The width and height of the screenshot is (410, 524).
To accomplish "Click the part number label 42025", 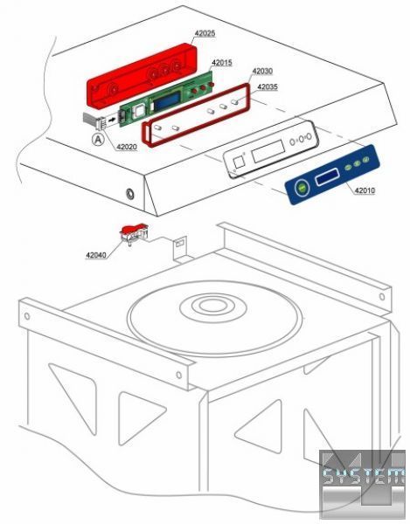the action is pos(205,33).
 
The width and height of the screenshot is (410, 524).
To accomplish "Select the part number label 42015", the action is pos(222,62).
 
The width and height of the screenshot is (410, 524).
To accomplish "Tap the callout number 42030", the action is pos(262,71).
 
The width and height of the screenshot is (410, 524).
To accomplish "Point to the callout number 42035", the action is pos(268,86).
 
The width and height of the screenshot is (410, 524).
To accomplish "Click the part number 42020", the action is pos(127,147).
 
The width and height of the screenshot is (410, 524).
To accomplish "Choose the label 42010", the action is pos(365,190).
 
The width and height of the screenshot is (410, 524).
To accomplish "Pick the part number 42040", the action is pos(96,255).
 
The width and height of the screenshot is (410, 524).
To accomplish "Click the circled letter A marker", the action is pos(98,140).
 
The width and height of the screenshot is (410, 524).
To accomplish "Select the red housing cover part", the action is pos(142,74).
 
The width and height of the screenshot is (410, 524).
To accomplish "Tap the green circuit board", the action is pos(167,96).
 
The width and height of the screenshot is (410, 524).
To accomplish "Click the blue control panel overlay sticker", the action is pos(332,175).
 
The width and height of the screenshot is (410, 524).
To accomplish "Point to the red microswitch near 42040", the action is pos(134,232).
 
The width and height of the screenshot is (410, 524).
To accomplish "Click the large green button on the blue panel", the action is pos(302,189).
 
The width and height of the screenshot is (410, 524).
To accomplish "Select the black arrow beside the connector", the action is pos(113,119).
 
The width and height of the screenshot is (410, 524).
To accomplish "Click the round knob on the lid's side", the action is pos(129,194).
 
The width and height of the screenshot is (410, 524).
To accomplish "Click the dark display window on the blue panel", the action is pos(328,176).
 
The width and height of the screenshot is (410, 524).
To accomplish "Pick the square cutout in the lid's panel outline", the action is pos(240,162).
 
